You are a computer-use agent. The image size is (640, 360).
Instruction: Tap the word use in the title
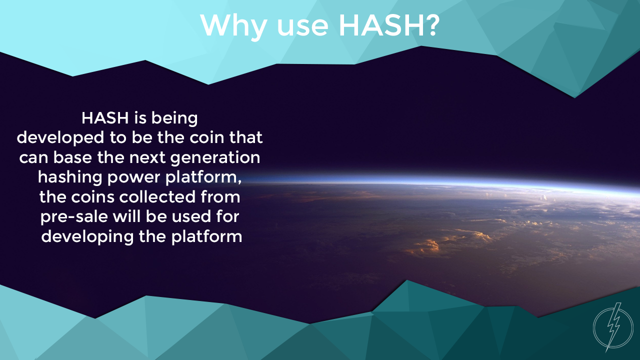point(303,28)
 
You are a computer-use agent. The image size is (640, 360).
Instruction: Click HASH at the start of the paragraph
point(105,118)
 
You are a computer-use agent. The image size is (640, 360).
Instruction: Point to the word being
point(174,119)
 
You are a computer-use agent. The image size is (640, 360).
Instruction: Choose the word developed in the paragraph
point(60,137)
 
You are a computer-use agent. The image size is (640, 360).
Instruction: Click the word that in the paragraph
point(246,137)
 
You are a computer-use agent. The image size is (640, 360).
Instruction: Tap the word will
point(127,216)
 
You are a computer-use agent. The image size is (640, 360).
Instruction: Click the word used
point(191,216)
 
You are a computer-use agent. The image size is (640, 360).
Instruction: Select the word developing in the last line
point(87,237)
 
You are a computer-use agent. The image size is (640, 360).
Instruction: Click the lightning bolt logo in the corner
point(613,327)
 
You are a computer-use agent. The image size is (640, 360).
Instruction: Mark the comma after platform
point(239,182)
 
